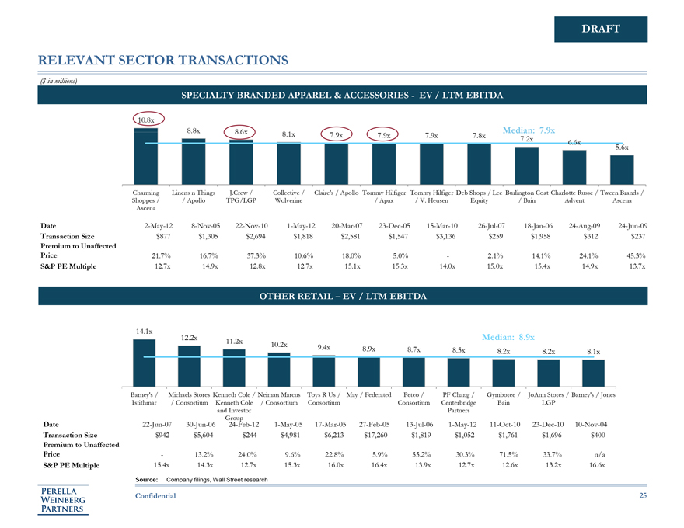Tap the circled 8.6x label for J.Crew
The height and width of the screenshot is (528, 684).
click(241, 132)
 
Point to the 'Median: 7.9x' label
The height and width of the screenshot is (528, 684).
click(529, 130)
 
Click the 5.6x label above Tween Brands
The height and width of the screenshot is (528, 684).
click(622, 147)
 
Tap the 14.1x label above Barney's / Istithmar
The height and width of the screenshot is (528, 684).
click(144, 332)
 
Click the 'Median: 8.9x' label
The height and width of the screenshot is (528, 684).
click(508, 337)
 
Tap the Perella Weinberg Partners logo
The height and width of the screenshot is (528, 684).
click(65, 498)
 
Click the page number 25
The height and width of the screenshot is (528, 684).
click(643, 495)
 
